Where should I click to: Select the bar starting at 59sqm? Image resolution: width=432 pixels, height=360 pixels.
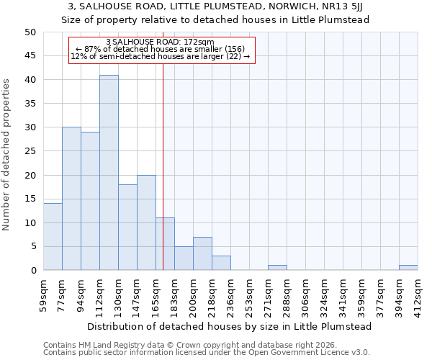pyautogui.click(x=53, y=237)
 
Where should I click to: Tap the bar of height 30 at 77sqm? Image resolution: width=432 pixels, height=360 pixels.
pyautogui.click(x=71, y=199)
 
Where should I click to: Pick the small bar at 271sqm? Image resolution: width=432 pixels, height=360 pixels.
pyautogui.click(x=277, y=268)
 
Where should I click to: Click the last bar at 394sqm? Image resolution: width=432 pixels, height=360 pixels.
pyautogui.click(x=408, y=268)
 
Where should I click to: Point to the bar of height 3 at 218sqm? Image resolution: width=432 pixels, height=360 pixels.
pyautogui.click(x=221, y=263)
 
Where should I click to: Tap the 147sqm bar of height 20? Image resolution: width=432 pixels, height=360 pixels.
pyautogui.click(x=146, y=222)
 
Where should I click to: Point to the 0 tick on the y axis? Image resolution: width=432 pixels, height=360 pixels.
pyautogui.click(x=33, y=271)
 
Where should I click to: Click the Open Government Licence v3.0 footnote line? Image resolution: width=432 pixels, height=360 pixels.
pyautogui.click(x=207, y=353)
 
